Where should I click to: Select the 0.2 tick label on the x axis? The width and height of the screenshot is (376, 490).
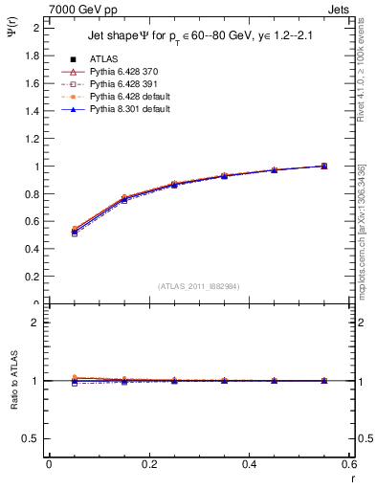coord(148,464)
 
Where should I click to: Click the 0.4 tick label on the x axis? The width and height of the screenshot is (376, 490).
coord(249,464)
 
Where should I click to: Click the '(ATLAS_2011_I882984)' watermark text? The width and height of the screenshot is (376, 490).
coord(198,285)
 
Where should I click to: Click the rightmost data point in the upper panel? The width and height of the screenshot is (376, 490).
coord(323,166)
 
